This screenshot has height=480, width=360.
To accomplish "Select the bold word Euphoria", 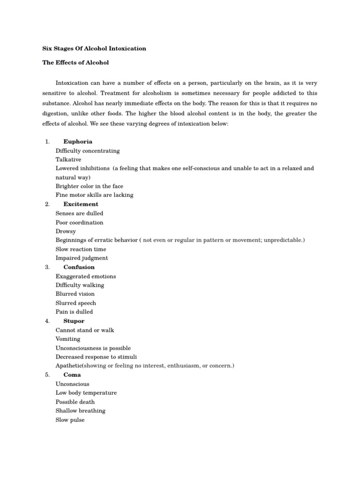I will (x=78, y=142).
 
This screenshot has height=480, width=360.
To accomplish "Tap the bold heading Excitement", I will (x=81, y=204).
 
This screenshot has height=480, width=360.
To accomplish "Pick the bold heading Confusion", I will (x=79, y=267).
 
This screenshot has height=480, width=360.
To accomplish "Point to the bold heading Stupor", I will (x=74, y=321).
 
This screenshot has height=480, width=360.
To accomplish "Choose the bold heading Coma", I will (x=72, y=375).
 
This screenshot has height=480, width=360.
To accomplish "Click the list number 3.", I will (x=47, y=267).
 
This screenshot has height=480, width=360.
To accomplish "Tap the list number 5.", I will (x=47, y=375).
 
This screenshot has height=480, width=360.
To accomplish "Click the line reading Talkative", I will (x=68, y=159).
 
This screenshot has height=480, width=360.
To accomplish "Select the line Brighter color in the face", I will (x=90, y=186).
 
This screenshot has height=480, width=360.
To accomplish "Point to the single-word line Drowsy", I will (x=66, y=231).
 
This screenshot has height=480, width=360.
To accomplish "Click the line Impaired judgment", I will (x=82, y=258).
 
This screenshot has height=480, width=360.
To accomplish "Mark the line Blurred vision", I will (x=75, y=294).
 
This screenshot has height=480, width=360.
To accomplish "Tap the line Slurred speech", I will (x=76, y=303).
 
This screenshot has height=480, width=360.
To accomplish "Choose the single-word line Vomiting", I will (x=68, y=339).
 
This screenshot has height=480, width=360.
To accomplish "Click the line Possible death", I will (x=75, y=402).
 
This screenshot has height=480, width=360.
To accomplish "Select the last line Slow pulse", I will (x=70, y=420).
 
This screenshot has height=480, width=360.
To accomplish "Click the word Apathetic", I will (x=70, y=366).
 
